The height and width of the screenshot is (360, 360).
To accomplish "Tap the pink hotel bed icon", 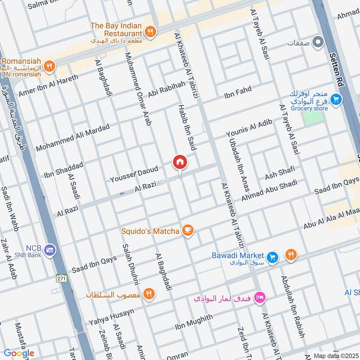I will pyautogui.click(x=260, y=297).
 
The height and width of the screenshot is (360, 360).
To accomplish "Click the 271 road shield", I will pyautogui.click(x=62, y=279).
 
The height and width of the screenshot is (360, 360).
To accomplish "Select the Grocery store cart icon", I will pyautogui.click(x=335, y=99).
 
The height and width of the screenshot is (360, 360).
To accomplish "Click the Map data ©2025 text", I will pyautogui.click(x=336, y=355).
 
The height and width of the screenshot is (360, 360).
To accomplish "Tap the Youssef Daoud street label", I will pyautogui.click(x=134, y=175).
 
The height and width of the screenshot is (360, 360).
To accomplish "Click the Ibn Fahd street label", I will pyautogui.click(x=238, y=91).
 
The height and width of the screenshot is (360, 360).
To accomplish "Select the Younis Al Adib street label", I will pyautogui.click(x=249, y=128).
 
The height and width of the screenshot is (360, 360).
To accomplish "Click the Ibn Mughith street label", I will pyautogui.click(x=193, y=322).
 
